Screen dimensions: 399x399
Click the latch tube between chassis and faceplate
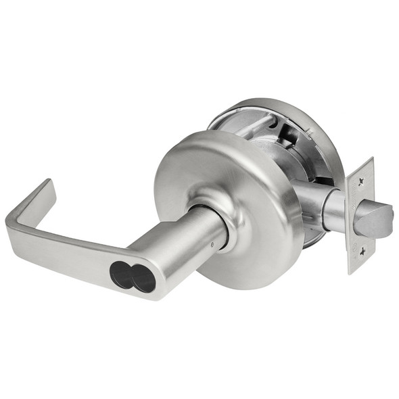click(x=332, y=209)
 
